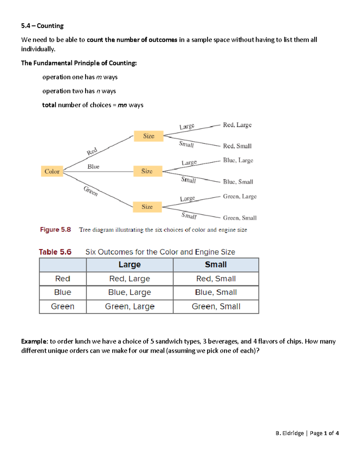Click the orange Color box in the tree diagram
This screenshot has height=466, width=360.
tap(52, 171)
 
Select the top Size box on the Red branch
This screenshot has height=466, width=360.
tap(148, 136)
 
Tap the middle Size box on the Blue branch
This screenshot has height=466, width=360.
tap(147, 171)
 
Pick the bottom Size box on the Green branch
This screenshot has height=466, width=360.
tap(147, 207)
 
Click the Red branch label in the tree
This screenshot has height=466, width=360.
tap(92, 151)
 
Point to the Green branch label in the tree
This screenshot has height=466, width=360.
tap(91, 191)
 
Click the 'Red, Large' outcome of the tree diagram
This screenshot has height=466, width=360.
tap(237, 125)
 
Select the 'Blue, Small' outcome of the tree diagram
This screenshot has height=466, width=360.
tap(238, 182)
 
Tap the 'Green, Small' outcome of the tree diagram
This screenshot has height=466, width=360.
tap(240, 218)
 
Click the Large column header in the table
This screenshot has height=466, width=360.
tap(130, 265)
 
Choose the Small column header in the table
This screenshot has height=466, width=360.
tap(216, 265)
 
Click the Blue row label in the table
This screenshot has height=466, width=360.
tap(63, 292)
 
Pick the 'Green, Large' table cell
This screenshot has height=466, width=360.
tap(130, 306)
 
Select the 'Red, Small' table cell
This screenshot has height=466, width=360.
tap(216, 279)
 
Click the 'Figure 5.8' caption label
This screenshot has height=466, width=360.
tap(55, 230)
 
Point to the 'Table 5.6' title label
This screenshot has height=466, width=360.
tap(55, 252)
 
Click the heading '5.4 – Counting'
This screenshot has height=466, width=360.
tap(42, 26)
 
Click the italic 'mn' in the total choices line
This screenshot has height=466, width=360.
tap(122, 105)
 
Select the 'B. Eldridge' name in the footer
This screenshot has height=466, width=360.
tap(289, 433)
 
